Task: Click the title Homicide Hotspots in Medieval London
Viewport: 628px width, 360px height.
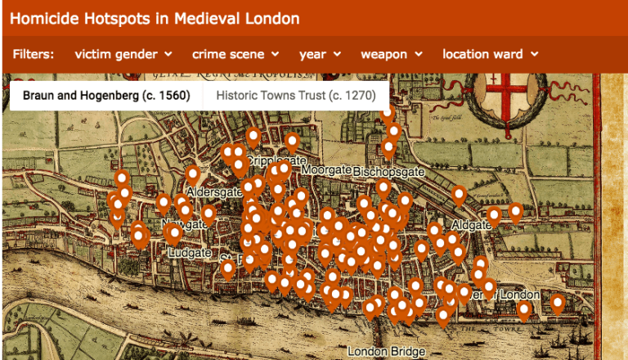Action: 155,17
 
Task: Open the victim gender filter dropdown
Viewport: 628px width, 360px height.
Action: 123,54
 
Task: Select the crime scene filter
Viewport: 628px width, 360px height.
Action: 235,54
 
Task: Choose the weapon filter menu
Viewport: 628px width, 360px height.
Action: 391,54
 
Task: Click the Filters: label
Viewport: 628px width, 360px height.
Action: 34,54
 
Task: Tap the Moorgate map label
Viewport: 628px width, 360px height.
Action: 325,169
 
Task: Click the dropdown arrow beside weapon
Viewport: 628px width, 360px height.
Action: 419,54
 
